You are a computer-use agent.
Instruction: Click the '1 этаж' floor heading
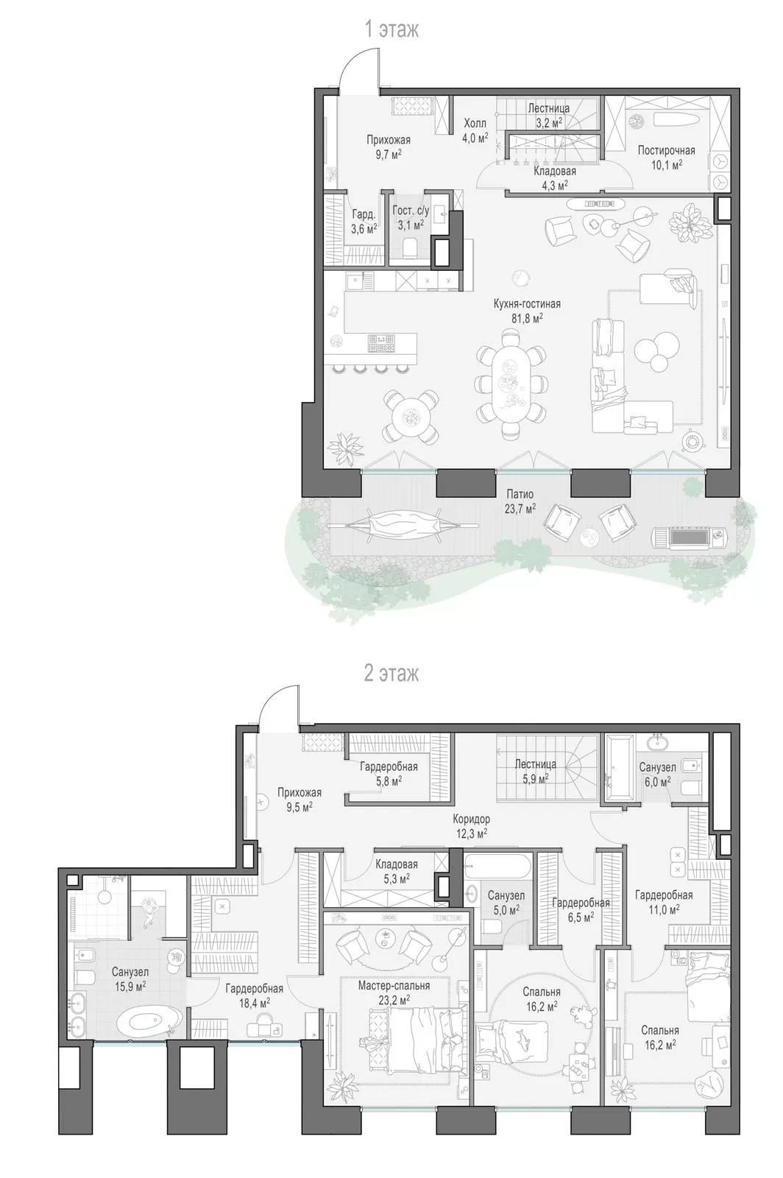click(391, 30)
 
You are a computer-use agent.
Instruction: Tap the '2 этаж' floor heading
click(391, 673)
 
